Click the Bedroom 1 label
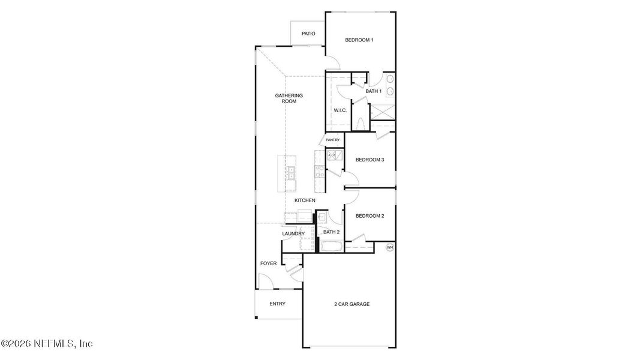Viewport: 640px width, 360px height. coord(359,40)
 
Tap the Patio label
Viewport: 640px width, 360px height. coord(308,34)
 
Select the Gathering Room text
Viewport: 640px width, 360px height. coord(289,98)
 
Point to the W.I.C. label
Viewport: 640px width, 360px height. coord(340,110)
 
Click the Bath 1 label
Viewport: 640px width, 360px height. coord(374,91)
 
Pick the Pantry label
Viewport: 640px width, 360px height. coord(332,140)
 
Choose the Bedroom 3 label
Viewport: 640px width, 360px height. coord(369,160)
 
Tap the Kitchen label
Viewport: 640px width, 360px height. coord(305,200)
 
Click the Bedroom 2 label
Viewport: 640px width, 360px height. coord(369,216)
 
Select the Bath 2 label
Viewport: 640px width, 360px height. coord(332,232)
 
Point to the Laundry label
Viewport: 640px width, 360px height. coord(293,233)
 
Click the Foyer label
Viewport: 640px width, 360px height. coord(268,263)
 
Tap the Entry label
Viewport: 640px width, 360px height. coord(277,304)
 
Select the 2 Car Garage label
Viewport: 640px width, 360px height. coord(351,304)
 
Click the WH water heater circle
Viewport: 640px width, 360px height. coord(389,247)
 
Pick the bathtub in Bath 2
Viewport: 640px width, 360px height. coord(331,246)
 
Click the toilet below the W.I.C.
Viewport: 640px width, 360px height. coord(360,124)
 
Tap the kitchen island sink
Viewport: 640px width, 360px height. coord(290,173)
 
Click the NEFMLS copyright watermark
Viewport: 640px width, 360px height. coord(47,344)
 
